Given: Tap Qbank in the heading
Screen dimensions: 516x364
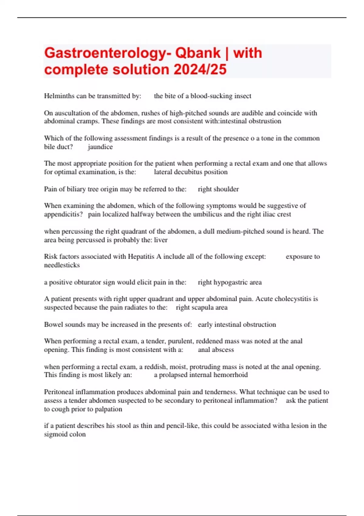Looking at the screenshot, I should click(x=198, y=53).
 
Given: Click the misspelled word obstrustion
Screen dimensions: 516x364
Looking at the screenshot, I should click(x=265, y=121).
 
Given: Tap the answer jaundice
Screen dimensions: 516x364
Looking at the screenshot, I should click(x=100, y=147).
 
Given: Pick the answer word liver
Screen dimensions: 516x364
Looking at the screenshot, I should click(x=161, y=240).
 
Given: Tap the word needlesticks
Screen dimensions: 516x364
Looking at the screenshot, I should click(x=62, y=265).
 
